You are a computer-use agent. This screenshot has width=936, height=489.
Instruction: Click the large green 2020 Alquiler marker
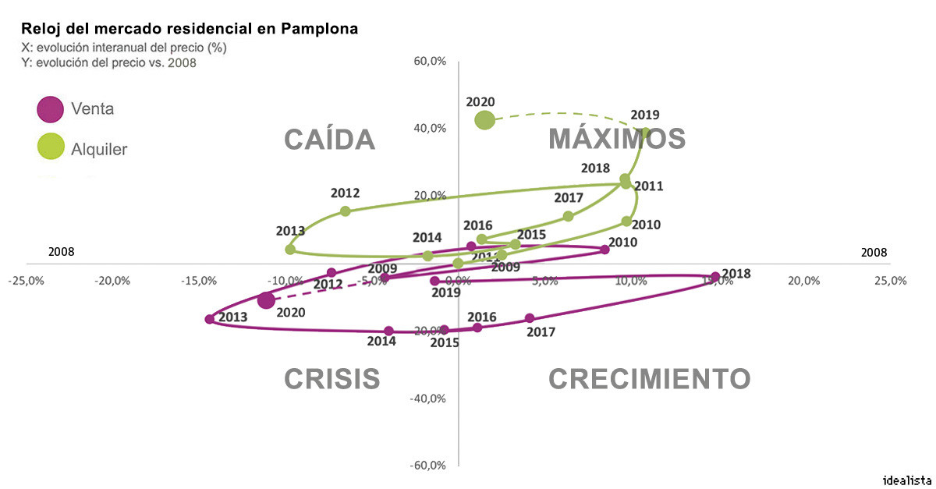click(484, 120)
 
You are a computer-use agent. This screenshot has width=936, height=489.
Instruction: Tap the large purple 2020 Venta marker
click(266, 300)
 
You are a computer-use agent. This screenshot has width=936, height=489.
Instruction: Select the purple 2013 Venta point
click(209, 319)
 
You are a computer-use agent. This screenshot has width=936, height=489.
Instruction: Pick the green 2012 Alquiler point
click(346, 211)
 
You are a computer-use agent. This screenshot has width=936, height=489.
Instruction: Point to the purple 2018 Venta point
click(715, 276)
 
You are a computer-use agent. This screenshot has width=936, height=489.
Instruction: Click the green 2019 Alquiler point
click(645, 133)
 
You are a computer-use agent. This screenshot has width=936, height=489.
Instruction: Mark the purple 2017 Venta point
click(530, 318)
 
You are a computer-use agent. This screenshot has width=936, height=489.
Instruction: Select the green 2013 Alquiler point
click(290, 250)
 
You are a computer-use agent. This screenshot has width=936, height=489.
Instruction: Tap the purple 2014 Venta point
click(388, 331)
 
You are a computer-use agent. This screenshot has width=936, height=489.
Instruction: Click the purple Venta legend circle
click(50, 109)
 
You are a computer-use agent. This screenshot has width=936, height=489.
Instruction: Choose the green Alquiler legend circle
click(50, 147)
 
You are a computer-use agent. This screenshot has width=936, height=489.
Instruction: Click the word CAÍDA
click(329, 139)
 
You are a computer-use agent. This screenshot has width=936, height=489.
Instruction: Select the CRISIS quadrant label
click(331, 379)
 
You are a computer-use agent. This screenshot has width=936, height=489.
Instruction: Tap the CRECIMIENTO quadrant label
click(649, 379)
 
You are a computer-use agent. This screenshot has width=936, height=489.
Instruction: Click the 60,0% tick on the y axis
click(429, 62)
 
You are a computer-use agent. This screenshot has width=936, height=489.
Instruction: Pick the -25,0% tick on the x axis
click(27, 281)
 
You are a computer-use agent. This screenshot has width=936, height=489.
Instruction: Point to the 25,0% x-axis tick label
click(890, 281)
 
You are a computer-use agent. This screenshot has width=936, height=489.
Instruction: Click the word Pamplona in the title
click(317, 29)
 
